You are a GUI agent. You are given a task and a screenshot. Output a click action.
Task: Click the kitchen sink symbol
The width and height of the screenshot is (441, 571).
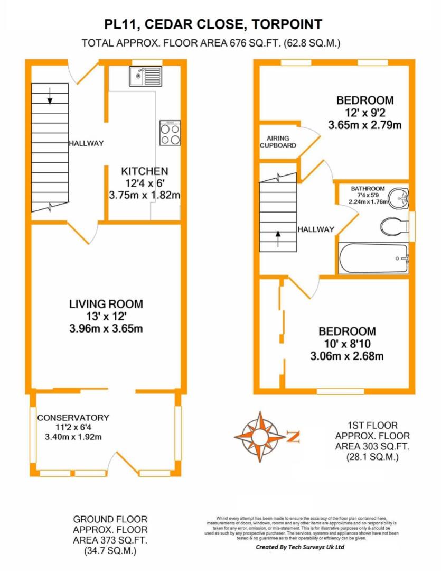tap(145, 76)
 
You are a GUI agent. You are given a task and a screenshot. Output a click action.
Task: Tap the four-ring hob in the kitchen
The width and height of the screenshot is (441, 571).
tap(170, 133)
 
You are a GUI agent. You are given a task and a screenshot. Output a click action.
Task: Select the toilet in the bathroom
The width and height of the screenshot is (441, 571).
tap(395, 226)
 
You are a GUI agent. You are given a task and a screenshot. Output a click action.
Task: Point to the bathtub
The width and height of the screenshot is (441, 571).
tap(374, 258)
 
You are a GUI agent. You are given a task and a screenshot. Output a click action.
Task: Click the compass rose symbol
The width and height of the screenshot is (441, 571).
tap(260, 436)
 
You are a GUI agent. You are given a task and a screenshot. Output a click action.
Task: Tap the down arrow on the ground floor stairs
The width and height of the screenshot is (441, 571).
tap(50, 95)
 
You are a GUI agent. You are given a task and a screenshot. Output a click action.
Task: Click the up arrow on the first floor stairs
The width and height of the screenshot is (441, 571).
tap(278, 238)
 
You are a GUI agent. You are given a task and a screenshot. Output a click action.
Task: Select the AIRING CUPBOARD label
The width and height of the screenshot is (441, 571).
tap(278, 142)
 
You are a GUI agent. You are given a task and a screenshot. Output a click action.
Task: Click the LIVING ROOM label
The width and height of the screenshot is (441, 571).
tap(106, 304)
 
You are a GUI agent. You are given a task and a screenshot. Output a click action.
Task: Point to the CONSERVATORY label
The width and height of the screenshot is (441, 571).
tap(73, 418)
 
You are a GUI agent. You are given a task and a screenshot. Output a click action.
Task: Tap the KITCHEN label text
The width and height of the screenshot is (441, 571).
tap(145, 171)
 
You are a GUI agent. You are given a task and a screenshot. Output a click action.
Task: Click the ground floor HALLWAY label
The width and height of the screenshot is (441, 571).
tap(86, 143)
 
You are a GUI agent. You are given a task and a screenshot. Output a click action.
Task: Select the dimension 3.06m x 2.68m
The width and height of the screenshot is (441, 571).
tap(347, 356)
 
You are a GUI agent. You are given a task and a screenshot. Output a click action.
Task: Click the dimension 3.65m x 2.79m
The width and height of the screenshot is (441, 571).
tap(365, 125)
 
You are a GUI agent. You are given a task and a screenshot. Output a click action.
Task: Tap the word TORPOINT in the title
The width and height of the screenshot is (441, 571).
tap(287, 24)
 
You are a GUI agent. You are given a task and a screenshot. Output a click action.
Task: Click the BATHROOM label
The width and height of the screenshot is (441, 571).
tap(368, 189)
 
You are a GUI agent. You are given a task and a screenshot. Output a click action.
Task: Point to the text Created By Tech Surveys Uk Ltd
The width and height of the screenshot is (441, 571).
tap(300, 547)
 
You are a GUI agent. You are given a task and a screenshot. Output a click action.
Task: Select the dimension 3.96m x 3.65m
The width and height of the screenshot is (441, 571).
tap(106, 328)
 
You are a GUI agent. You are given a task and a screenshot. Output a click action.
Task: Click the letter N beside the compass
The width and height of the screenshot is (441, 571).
tap(293, 437)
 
